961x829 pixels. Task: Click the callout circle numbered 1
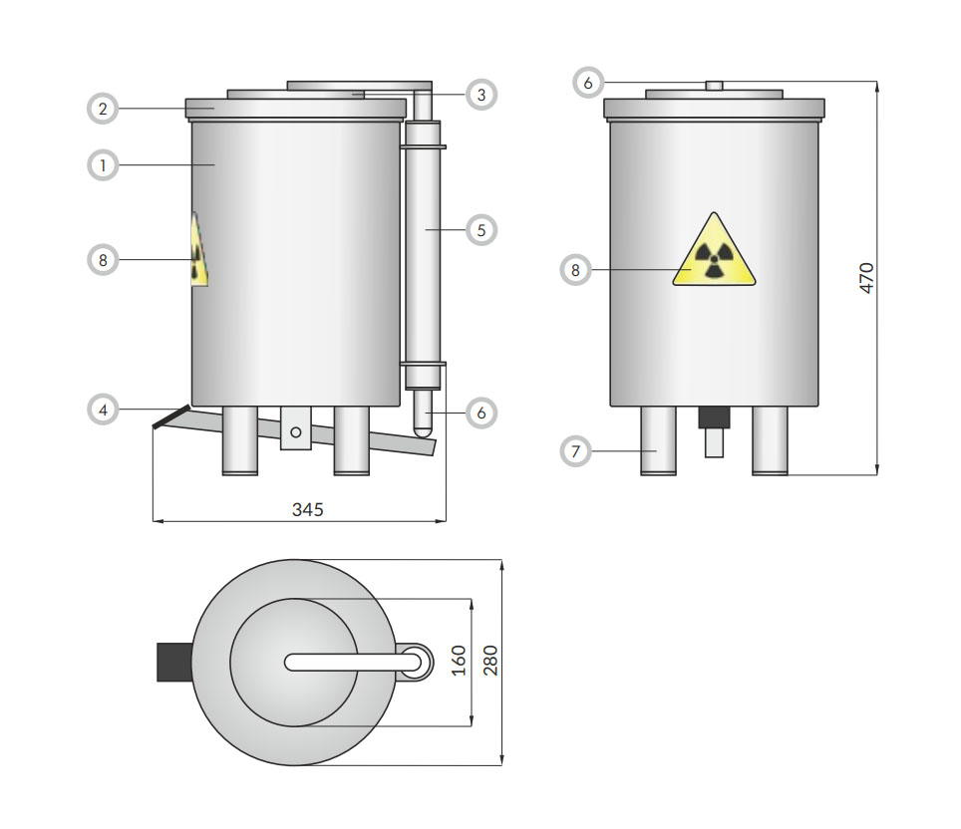click(103, 164)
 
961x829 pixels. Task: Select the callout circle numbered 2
click(103, 109)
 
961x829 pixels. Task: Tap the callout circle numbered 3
click(481, 95)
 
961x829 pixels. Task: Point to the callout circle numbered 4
click(103, 410)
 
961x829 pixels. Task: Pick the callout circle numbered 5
click(481, 230)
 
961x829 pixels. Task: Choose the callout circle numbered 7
click(575, 451)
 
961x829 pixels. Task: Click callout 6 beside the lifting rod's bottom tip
click(481, 413)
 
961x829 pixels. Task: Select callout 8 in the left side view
click(103, 260)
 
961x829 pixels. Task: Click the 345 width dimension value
click(308, 509)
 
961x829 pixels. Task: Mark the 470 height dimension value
click(866, 278)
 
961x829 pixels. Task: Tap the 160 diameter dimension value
click(459, 661)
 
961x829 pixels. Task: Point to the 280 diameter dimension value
click(490, 661)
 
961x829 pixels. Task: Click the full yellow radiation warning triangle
click(714, 249)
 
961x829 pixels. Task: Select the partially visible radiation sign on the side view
click(199, 249)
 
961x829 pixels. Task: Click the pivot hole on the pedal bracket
click(296, 432)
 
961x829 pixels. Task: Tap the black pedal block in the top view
click(174, 662)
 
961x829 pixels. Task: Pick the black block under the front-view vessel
click(714, 417)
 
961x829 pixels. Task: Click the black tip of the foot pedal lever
click(171, 416)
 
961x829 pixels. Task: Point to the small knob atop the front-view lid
click(714, 86)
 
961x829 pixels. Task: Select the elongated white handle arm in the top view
click(353, 662)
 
